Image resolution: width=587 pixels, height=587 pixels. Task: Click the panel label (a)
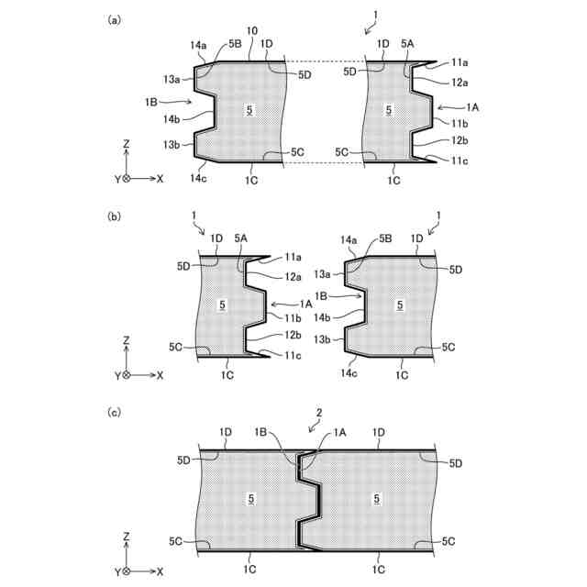(x=115, y=19)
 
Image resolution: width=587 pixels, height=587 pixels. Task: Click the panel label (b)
(x=115, y=216)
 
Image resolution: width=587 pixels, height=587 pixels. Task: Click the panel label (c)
(x=115, y=413)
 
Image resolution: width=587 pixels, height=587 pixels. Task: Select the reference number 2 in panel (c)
(x=318, y=414)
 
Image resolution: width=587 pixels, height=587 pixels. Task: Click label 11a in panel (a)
(x=460, y=61)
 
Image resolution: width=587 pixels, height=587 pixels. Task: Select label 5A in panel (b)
(x=242, y=238)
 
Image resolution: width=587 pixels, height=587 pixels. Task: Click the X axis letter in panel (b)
(x=160, y=375)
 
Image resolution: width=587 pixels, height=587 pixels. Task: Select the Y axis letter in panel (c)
(x=117, y=571)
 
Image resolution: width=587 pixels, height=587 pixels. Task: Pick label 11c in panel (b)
(x=293, y=355)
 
